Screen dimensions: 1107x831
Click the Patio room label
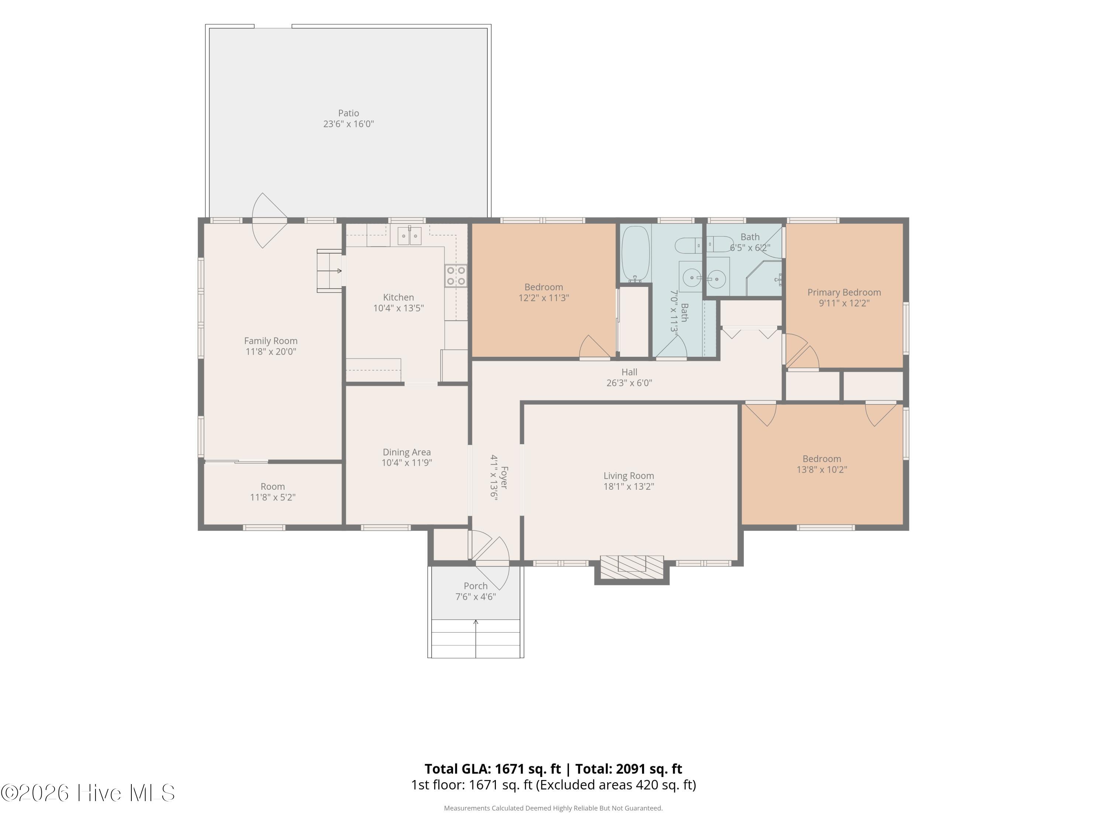348,113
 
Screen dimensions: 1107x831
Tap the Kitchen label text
399,297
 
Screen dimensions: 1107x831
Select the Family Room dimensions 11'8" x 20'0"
271,352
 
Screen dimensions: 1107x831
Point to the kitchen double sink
409,235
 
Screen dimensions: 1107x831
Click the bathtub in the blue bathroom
635,253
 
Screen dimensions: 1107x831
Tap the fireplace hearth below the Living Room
632,567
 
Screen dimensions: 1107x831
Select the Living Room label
628,476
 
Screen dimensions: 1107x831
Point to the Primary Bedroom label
844,293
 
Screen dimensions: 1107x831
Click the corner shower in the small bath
764,278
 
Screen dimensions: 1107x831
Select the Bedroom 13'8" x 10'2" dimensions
822,470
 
